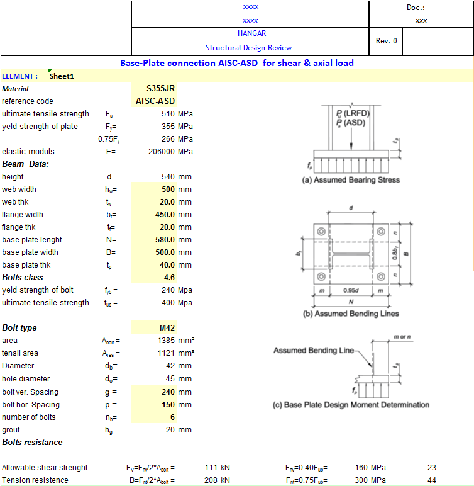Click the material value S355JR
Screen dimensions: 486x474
pos(160,89)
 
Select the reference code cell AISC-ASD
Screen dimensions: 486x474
pos(155,101)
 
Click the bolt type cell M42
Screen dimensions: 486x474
pos(167,328)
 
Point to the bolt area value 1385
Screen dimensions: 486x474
pos(163,341)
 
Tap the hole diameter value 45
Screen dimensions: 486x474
pos(170,379)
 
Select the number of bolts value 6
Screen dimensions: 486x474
pos(172,417)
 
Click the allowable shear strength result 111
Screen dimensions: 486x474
pos(211,468)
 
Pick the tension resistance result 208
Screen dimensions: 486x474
pos(211,480)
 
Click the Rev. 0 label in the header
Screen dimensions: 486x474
pos(386,40)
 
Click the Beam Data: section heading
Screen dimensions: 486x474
pos(25,164)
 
